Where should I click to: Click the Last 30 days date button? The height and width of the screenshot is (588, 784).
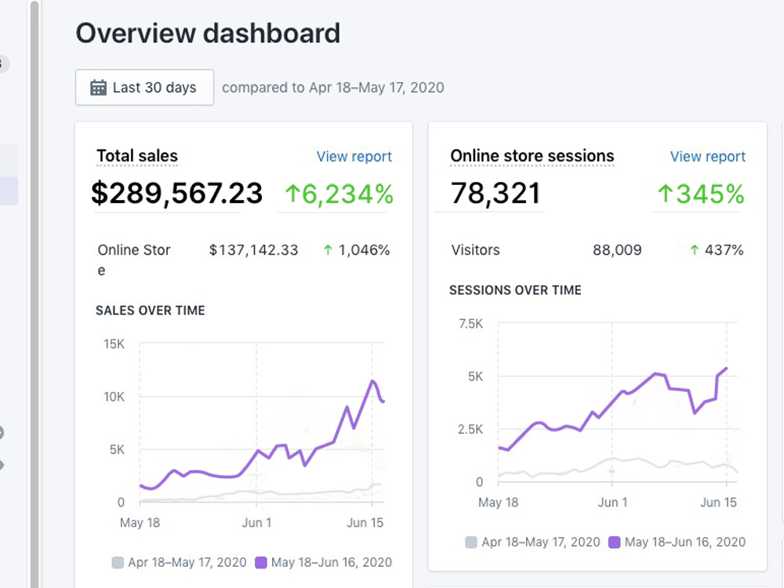point(144,88)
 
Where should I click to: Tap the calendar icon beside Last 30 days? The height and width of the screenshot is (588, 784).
point(98,88)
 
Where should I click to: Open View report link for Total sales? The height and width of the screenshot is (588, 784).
point(354,157)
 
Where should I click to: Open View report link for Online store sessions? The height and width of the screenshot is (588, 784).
point(707,157)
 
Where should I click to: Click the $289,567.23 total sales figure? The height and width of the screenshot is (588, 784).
point(176,194)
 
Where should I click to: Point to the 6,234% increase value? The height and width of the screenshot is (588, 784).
point(339,194)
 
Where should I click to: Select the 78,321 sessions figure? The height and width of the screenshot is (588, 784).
point(495,194)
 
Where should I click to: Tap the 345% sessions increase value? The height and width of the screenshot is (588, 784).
point(700,194)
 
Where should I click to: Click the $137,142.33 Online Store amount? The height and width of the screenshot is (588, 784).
point(253,250)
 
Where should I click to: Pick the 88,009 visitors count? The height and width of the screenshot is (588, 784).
point(617,250)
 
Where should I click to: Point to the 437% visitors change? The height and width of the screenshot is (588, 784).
point(717,250)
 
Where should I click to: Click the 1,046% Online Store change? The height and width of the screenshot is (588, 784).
point(357,250)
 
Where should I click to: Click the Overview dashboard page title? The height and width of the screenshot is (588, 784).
point(208,34)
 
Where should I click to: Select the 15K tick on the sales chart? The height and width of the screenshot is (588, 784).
point(114,344)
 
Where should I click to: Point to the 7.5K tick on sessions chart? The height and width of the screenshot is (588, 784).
point(471,324)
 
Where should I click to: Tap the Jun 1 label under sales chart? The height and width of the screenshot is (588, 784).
point(256,522)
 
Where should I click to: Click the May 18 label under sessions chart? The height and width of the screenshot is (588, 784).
point(498,503)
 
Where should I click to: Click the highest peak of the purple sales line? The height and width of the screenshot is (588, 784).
point(372,381)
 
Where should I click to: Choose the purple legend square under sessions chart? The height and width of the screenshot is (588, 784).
point(614,542)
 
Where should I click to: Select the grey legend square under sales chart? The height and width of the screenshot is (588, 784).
point(118,562)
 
